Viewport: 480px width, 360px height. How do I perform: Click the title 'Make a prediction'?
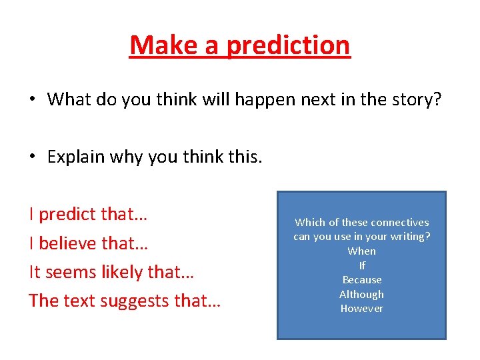pos(240,45)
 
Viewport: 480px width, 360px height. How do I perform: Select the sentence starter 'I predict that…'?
pos(89,215)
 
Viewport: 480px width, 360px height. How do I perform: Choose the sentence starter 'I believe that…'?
pos(89,243)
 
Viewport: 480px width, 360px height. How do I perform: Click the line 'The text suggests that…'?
pos(125,301)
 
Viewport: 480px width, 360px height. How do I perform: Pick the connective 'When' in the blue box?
pos(361,251)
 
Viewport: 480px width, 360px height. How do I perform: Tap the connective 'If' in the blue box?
pos(362,265)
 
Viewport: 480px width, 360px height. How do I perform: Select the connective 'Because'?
pos(362,280)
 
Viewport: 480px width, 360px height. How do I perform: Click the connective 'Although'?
pos(361,294)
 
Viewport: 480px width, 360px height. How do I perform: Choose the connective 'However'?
pos(361,309)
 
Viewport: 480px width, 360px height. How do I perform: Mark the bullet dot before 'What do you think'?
pos(31,100)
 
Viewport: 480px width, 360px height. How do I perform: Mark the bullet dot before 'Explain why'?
pos(31,157)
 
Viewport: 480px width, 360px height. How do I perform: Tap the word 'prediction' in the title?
pos(288,45)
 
